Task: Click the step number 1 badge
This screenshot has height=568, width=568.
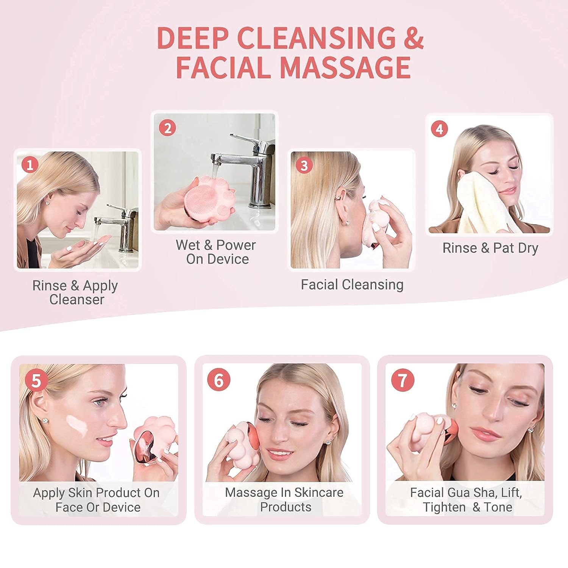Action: point(30,165)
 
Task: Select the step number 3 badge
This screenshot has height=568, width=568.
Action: point(304,165)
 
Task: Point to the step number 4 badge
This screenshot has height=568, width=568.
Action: point(439,129)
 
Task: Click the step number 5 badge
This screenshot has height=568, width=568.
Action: point(36,380)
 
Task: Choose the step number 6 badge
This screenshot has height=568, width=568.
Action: point(218,379)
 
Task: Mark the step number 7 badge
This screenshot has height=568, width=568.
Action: point(403,380)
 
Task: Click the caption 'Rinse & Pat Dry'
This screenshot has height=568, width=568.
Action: point(490,248)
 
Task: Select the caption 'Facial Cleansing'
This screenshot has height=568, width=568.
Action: point(352,284)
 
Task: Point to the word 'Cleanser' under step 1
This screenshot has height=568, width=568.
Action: point(76,300)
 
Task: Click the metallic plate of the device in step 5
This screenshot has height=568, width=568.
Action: point(146,445)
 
